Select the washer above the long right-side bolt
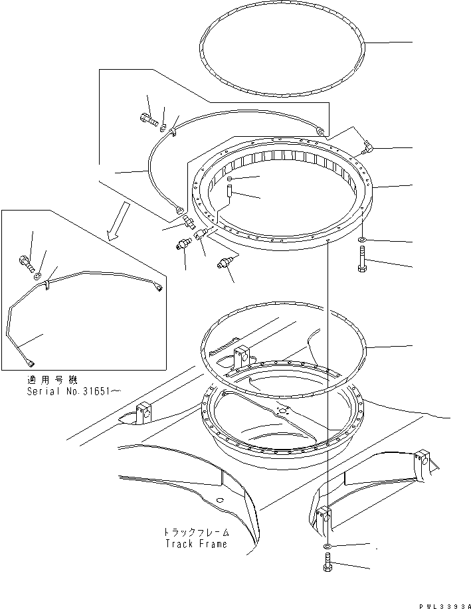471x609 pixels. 360,239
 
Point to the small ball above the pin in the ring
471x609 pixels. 229,179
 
